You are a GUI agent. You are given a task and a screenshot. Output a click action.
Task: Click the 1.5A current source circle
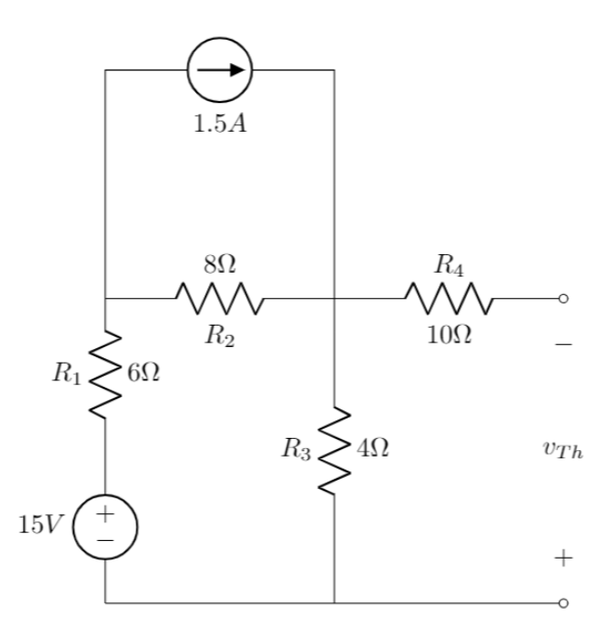click(219, 70)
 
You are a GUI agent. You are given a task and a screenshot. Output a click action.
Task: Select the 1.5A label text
click(219, 124)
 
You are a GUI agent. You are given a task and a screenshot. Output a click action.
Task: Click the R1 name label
click(66, 375)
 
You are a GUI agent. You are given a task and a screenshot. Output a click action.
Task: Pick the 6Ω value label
click(142, 373)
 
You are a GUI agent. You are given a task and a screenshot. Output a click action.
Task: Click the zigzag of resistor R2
click(219, 299)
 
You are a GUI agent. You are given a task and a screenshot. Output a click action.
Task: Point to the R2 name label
click(219, 335)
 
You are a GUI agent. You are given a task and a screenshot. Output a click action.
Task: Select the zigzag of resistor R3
click(333, 450)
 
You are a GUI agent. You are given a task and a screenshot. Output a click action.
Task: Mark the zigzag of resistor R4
click(449, 299)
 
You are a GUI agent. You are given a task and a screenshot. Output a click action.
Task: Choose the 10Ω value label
click(449, 335)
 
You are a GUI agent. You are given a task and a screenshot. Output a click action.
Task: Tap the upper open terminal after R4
click(563, 299)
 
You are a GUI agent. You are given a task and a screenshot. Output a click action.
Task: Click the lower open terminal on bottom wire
click(563, 603)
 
